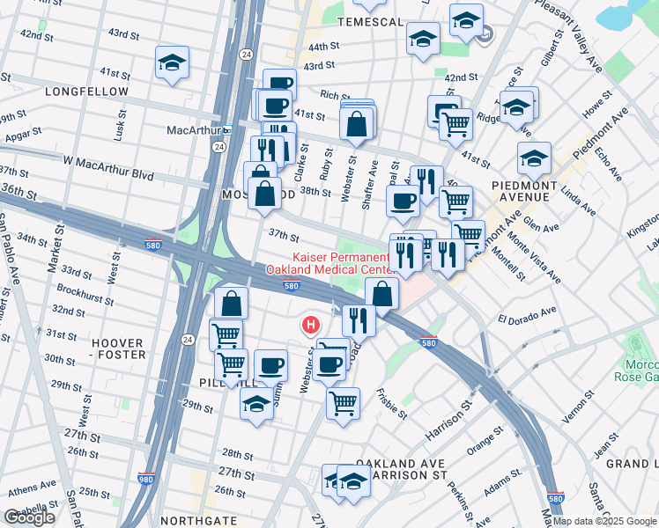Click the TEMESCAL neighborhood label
367,20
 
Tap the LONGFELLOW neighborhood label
90,92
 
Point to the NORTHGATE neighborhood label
200,520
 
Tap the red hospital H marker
310,326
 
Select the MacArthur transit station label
192,130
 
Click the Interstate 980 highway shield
146,480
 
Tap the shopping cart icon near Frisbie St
343,403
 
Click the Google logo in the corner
29,517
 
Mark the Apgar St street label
23,135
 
